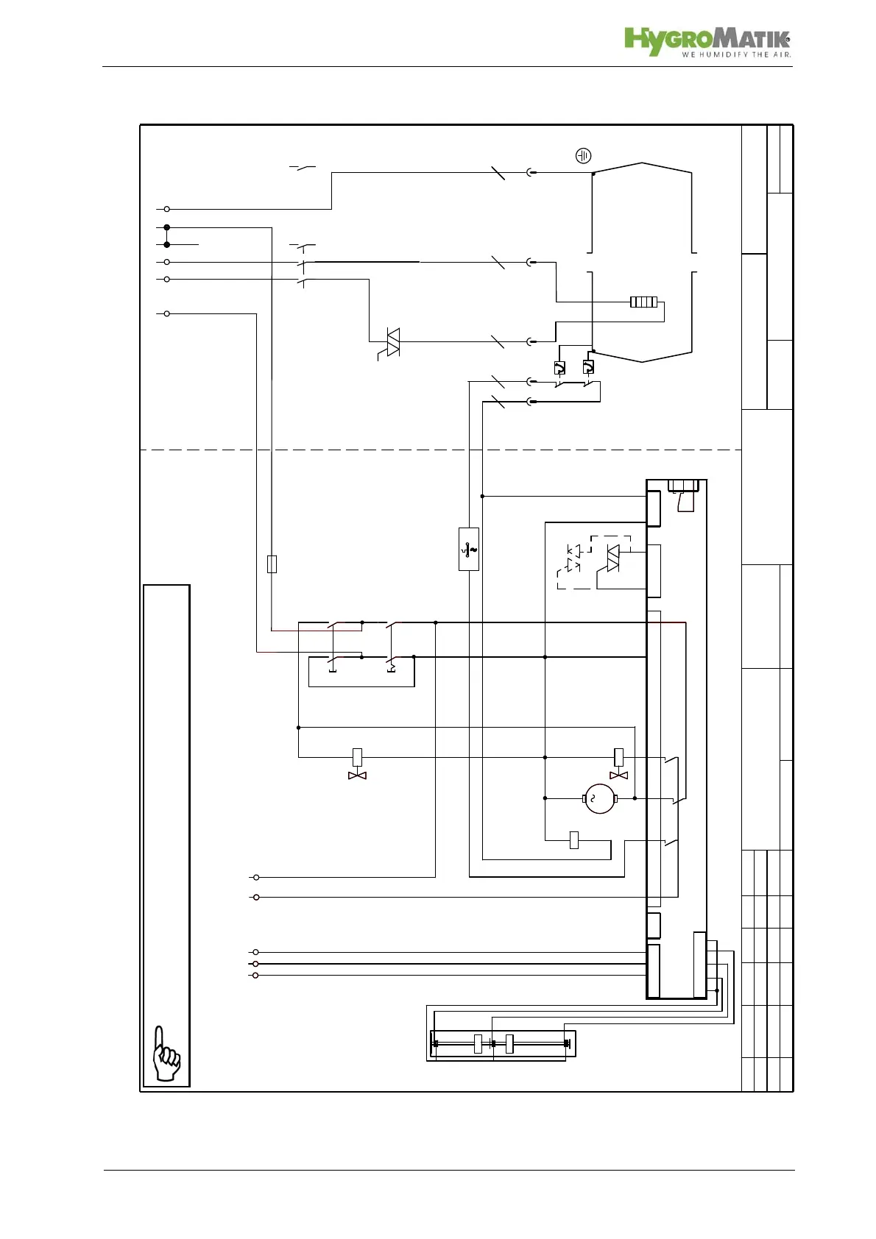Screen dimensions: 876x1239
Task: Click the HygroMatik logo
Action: click(707, 40)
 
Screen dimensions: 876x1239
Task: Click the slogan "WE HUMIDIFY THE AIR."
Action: click(735, 54)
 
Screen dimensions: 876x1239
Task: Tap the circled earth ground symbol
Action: click(583, 156)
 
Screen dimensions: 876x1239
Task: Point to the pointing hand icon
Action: click(166, 1054)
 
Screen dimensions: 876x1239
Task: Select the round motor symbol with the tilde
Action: click(599, 798)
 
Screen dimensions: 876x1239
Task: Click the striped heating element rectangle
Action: click(643, 302)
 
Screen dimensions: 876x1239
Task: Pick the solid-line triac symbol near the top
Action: click(392, 342)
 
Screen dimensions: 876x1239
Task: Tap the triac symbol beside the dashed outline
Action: click(612, 557)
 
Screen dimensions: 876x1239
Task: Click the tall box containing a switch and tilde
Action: click(468, 549)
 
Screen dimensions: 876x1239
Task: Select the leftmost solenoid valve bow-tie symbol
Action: click(357, 775)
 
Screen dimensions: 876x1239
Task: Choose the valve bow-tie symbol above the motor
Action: click(618, 775)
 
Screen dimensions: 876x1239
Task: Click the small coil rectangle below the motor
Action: click(574, 840)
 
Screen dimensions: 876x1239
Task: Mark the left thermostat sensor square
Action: click(559, 368)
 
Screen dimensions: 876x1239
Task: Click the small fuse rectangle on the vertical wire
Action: click(272, 564)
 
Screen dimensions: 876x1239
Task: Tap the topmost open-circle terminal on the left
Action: click(167, 210)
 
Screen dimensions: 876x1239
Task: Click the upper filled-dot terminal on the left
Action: click(167, 228)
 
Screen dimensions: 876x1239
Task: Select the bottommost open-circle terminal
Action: click(255, 976)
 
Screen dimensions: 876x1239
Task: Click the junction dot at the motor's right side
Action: click(635, 798)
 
